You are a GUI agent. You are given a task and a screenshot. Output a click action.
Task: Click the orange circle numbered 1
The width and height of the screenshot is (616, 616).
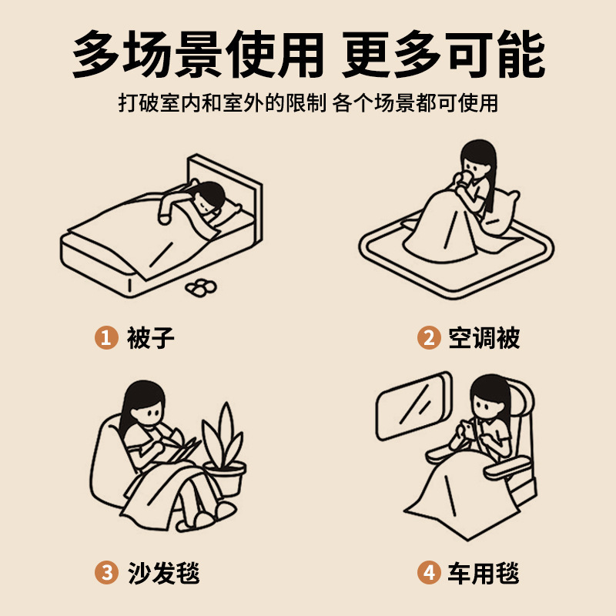click(x=105, y=337)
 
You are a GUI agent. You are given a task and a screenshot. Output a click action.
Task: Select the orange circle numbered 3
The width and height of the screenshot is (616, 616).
click(x=105, y=572)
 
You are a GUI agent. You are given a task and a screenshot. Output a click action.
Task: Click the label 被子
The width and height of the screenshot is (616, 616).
click(x=151, y=337)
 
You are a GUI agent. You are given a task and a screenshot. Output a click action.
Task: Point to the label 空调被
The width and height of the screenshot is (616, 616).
click(x=484, y=337)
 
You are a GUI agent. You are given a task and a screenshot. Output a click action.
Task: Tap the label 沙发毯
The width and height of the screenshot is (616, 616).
click(x=164, y=572)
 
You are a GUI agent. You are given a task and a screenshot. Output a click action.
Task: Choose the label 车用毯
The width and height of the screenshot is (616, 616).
click(x=484, y=572)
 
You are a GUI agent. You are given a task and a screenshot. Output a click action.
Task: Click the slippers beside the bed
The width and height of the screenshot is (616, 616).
click(x=202, y=286)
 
